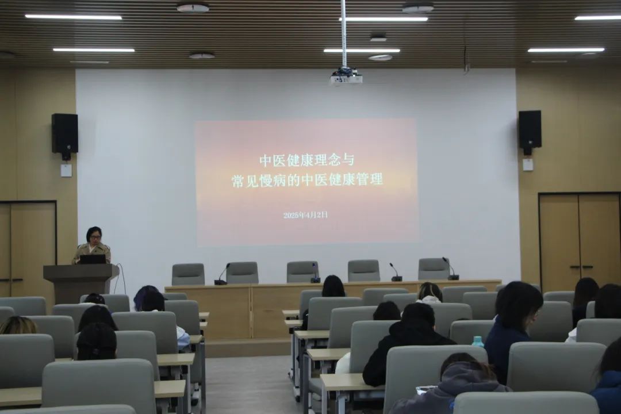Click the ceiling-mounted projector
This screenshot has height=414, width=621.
coord(346,76)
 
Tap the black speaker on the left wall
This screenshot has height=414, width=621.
coord(64,133)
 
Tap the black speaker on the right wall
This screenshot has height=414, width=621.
coord(530,129)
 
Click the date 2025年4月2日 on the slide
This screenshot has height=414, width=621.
coord(305,215)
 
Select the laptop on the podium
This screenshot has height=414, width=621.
coord(93,259)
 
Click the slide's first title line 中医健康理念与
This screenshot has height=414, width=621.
coord(306,160)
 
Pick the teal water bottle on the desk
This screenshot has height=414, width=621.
coord(477,342)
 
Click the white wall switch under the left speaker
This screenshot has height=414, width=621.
coord(66,170)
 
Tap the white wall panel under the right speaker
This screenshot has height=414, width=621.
coord(527,164)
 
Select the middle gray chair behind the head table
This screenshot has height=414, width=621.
coord(302,271)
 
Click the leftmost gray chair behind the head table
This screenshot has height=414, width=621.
coord(188,274)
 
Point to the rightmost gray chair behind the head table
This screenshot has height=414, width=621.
coord(434,269)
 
